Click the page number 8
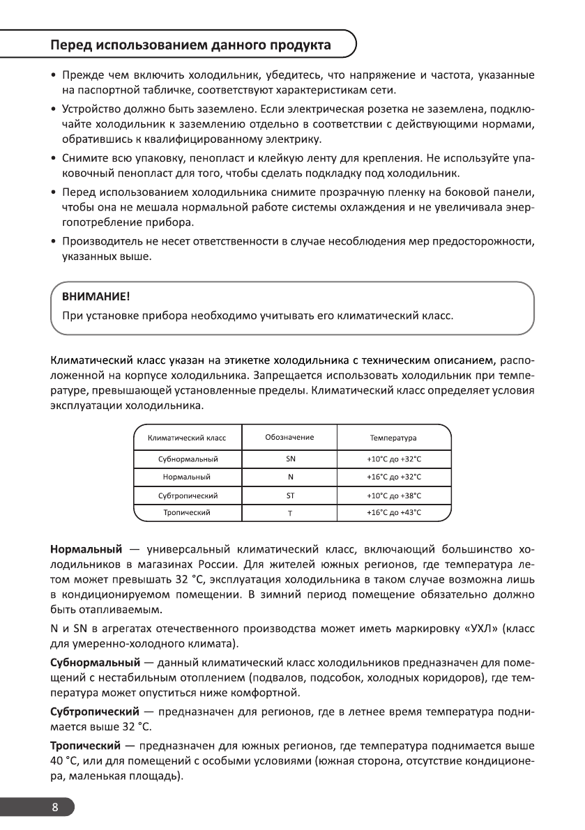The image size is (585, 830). pyautogui.click(x=55, y=808)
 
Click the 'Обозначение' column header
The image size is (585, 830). pyautogui.click(x=289, y=438)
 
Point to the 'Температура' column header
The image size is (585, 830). pyautogui.click(x=393, y=438)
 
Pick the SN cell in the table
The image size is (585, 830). pyautogui.click(x=291, y=459)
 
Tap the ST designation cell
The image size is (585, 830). pyautogui.click(x=291, y=495)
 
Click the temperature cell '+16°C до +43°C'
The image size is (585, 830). pyautogui.click(x=394, y=513)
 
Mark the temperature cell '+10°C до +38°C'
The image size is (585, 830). pyautogui.click(x=394, y=495)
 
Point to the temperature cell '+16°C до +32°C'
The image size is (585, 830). pyautogui.click(x=394, y=477)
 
